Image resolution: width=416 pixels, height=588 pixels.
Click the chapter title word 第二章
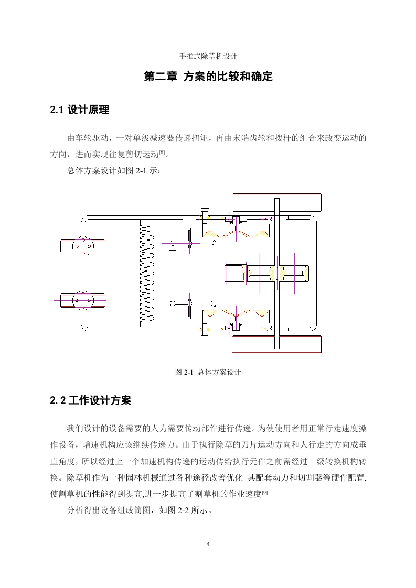(x=161, y=77)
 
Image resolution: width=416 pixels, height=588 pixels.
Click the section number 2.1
(x=57, y=110)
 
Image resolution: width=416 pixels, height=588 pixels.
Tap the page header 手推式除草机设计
(x=208, y=56)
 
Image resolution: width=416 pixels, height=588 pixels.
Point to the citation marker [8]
(x=162, y=152)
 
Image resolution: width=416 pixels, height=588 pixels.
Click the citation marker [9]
(x=265, y=493)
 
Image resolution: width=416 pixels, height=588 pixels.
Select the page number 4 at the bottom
(x=208, y=544)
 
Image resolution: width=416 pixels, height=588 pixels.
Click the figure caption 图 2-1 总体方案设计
(x=208, y=372)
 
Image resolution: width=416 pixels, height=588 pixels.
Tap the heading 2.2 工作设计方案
(x=90, y=400)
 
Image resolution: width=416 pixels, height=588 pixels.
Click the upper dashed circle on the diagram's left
(x=82, y=246)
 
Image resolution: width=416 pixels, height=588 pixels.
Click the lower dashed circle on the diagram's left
(x=82, y=300)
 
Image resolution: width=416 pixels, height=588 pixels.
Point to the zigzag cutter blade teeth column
(x=147, y=272)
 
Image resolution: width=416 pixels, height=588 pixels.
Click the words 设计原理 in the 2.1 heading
(x=88, y=110)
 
